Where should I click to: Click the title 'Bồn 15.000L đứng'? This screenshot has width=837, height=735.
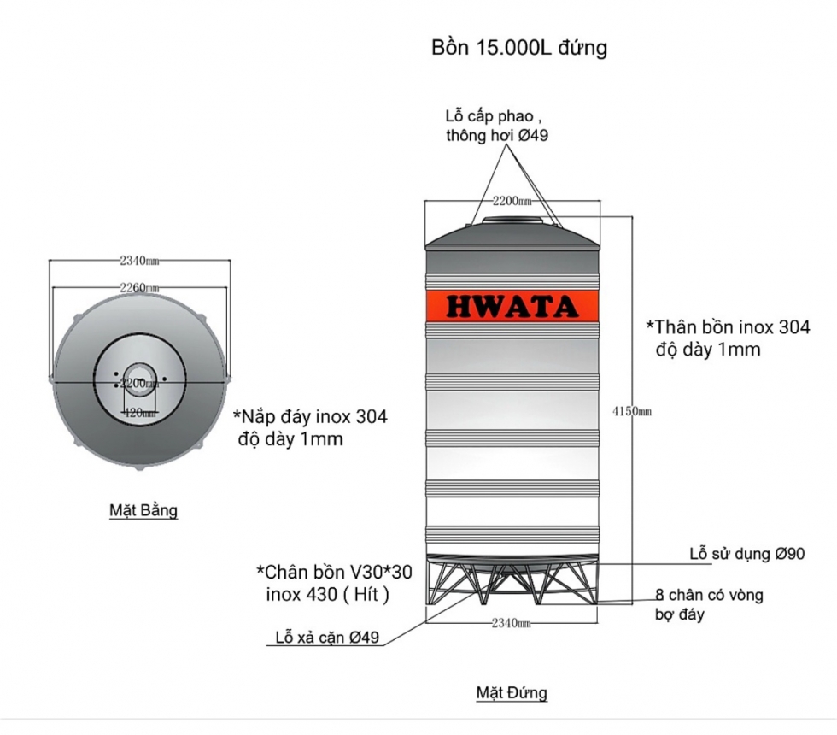[x=519, y=48]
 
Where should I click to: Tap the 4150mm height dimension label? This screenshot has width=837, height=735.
[x=632, y=411]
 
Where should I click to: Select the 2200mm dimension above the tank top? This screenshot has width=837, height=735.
[x=512, y=201]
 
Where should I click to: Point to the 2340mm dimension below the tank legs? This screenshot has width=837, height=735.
[x=512, y=624]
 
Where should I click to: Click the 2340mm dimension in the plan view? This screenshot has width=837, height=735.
[x=140, y=260]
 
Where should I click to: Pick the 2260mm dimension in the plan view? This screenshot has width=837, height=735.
[x=140, y=288]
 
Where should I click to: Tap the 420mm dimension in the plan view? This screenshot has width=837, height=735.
[x=139, y=413]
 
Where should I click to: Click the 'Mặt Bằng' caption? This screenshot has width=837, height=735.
[x=143, y=511]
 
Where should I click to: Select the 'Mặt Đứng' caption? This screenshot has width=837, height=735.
[x=511, y=691]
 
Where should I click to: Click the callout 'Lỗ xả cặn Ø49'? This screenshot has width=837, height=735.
[x=327, y=638]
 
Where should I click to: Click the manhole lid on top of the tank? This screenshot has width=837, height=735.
[x=512, y=221]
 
